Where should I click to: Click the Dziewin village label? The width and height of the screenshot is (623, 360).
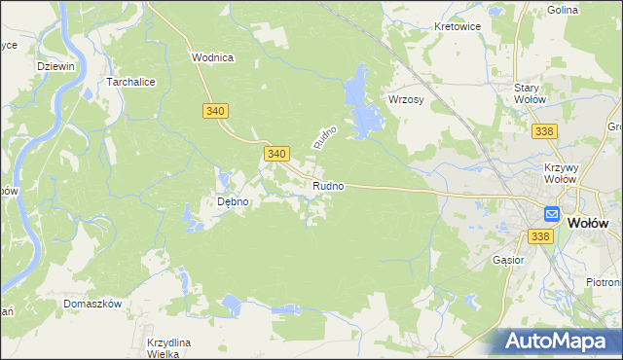click(55, 66)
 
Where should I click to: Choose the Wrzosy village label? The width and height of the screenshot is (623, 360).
click(407, 100)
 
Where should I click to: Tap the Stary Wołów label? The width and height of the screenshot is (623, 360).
click(532, 93)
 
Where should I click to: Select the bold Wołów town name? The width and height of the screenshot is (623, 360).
click(588, 220)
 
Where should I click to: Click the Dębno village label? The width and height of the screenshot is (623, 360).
click(233, 201)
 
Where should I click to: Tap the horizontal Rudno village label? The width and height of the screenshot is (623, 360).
click(327, 186)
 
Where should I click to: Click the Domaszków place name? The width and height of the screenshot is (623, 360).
click(92, 304)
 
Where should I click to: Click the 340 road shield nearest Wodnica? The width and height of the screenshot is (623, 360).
click(217, 111)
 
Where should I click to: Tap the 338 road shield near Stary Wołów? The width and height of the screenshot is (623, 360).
click(544, 129)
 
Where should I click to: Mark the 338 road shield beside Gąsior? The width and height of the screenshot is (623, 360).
click(540, 236)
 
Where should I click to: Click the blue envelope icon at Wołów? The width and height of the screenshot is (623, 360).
click(552, 214)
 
